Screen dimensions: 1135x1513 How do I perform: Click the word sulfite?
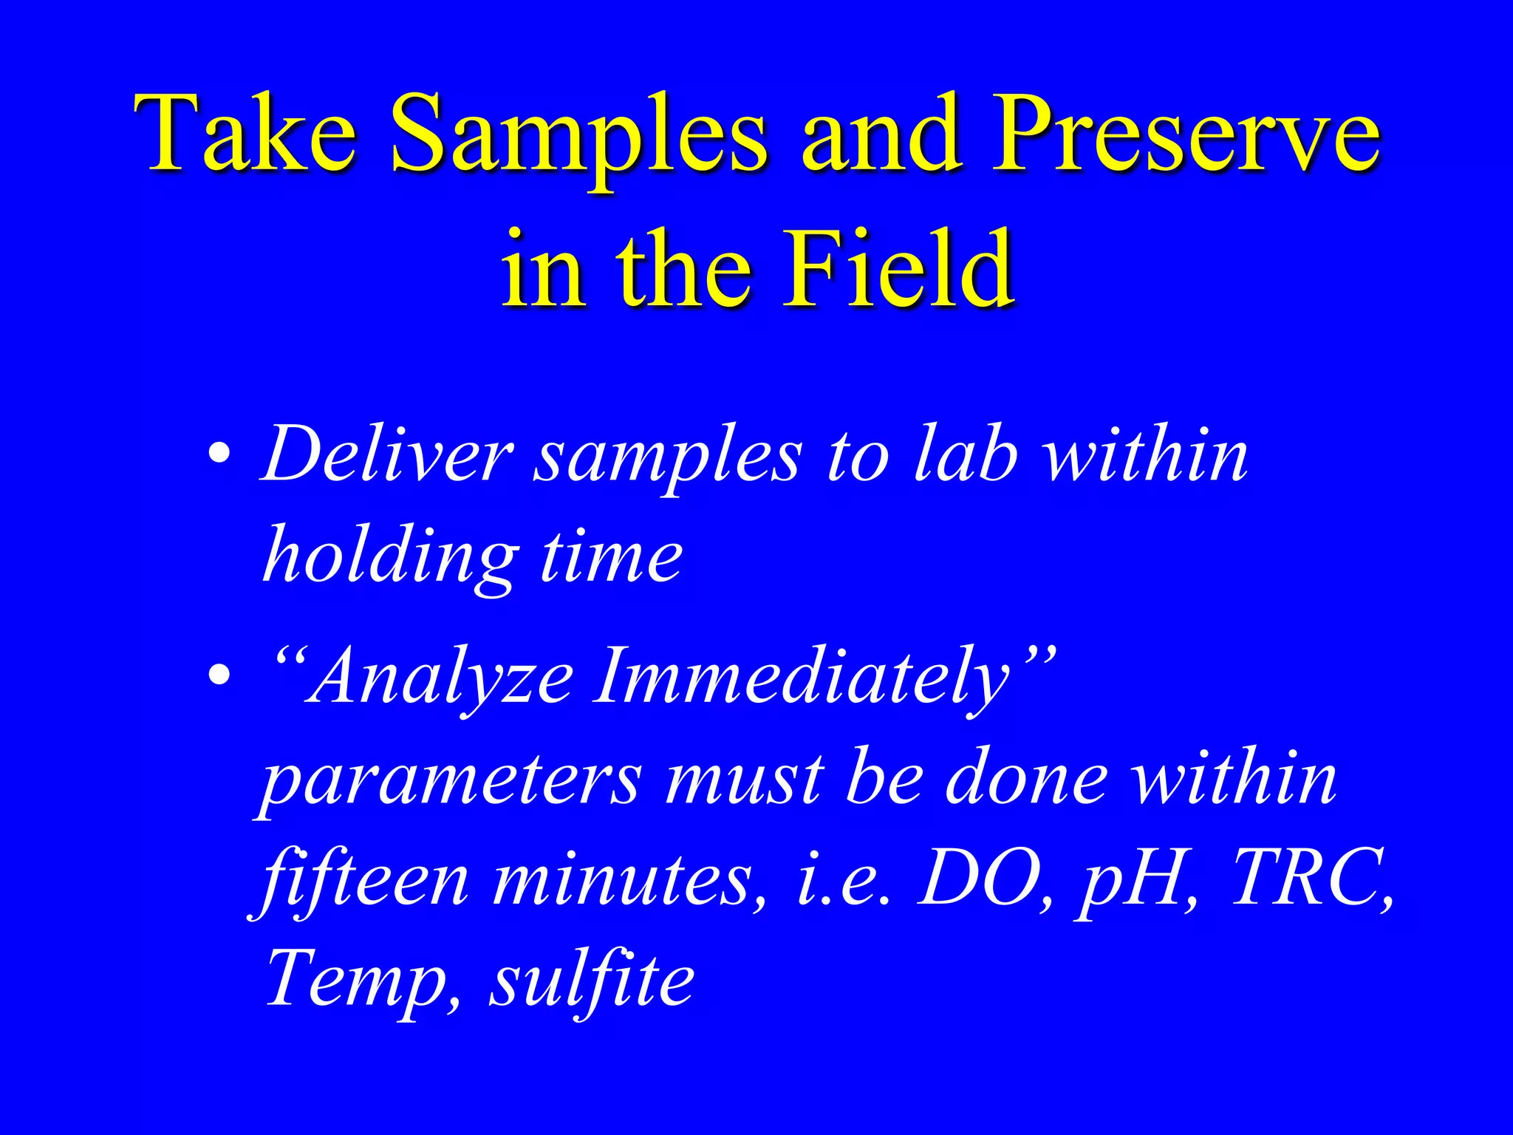[590, 978]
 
